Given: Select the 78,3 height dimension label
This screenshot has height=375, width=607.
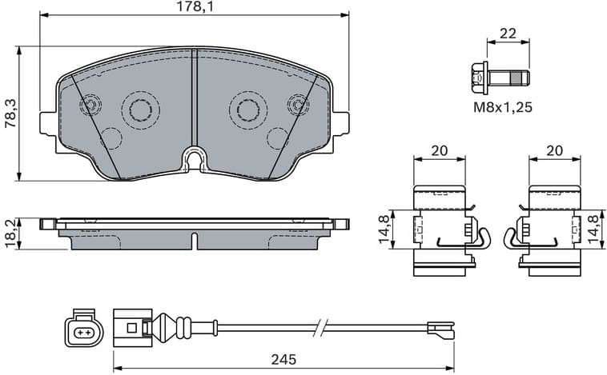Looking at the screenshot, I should click(10, 114).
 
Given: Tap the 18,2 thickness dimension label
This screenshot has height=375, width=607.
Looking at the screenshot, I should click(9, 233).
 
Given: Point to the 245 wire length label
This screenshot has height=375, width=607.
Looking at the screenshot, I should click(283, 360).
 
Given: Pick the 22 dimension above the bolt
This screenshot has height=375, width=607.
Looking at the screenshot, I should click(508, 34).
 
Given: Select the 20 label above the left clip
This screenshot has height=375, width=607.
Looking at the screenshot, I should click(438, 150).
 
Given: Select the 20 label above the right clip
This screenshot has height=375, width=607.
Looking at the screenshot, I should click(554, 150).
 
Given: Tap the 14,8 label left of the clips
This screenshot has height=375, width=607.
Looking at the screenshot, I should click(385, 229).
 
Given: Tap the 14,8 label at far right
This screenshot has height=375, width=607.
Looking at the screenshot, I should click(593, 229).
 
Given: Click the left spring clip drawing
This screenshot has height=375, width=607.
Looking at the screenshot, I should click(444, 230).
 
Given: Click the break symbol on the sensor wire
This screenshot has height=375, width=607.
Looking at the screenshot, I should click(320, 326).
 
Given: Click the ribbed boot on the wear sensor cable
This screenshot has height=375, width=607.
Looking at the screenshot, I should click(171, 326).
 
